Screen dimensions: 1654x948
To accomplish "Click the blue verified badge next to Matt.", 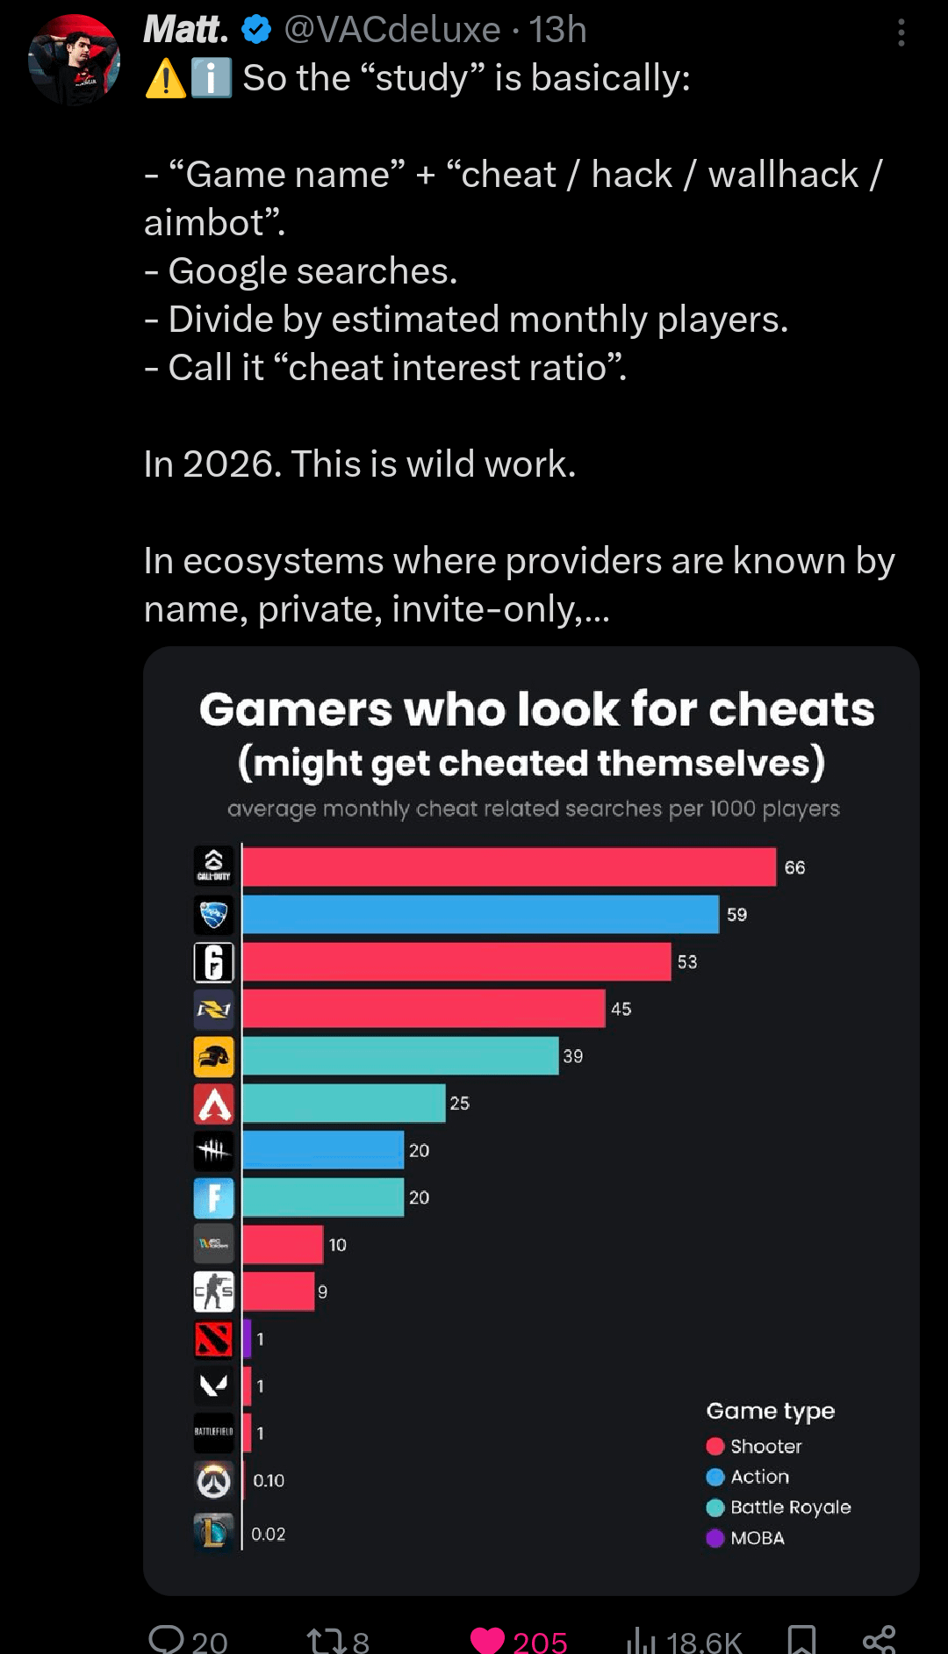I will click(x=256, y=30).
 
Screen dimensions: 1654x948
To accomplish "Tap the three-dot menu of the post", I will click(x=901, y=33).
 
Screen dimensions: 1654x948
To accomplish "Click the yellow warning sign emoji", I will click(x=165, y=79).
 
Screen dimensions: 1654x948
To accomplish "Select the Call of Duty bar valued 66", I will click(x=509, y=867).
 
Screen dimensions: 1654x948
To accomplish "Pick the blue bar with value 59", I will click(x=480, y=915).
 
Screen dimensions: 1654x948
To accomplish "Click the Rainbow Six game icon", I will click(x=214, y=962).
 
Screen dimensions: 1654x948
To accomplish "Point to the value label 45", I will click(x=621, y=1010).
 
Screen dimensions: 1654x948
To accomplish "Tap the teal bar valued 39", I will click(x=400, y=1056).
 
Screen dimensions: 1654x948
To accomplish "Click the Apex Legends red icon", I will click(x=214, y=1104).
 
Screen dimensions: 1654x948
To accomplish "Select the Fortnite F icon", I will click(x=214, y=1197).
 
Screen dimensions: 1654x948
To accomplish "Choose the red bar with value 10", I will click(x=283, y=1245).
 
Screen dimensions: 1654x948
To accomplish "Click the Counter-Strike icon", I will click(x=214, y=1291).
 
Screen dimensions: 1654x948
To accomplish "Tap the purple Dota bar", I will click(x=248, y=1339).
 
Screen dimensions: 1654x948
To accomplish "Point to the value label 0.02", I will click(x=269, y=1534).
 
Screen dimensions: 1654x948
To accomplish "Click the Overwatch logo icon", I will click(x=214, y=1481).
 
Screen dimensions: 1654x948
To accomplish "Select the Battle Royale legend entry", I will click(x=779, y=1507).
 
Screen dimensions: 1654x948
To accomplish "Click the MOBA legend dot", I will click(x=715, y=1538).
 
